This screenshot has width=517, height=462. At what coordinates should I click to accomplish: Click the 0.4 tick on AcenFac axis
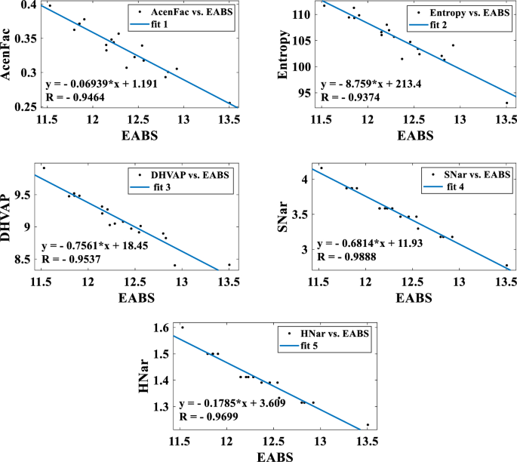(29, 5)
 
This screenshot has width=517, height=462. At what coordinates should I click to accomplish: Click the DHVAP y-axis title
(11, 217)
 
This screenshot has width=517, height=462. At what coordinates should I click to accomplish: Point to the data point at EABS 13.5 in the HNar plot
(368, 425)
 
